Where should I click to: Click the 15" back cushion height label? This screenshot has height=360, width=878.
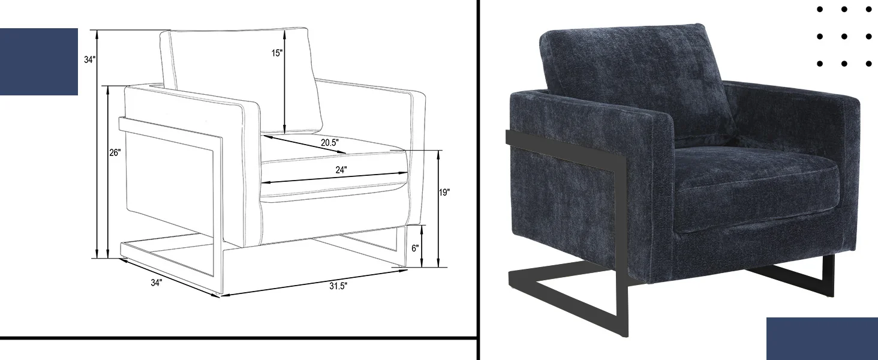(276, 53)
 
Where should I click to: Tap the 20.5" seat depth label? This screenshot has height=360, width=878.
(329, 142)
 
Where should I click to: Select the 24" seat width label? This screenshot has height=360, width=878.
(341, 170)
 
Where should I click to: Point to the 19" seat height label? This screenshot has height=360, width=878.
(444, 193)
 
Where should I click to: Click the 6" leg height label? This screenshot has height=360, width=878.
(416, 248)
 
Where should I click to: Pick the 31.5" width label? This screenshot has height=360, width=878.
(338, 286)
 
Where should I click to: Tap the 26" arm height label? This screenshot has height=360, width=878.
(115, 152)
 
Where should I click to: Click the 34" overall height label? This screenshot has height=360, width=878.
(89, 59)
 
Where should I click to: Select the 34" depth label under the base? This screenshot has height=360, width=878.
(157, 283)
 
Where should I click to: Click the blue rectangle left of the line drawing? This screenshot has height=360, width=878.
(38, 61)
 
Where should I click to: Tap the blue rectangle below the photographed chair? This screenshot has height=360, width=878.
(822, 338)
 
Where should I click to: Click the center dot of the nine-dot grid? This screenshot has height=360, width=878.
(844, 37)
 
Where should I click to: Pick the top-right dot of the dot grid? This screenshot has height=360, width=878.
(868, 10)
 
